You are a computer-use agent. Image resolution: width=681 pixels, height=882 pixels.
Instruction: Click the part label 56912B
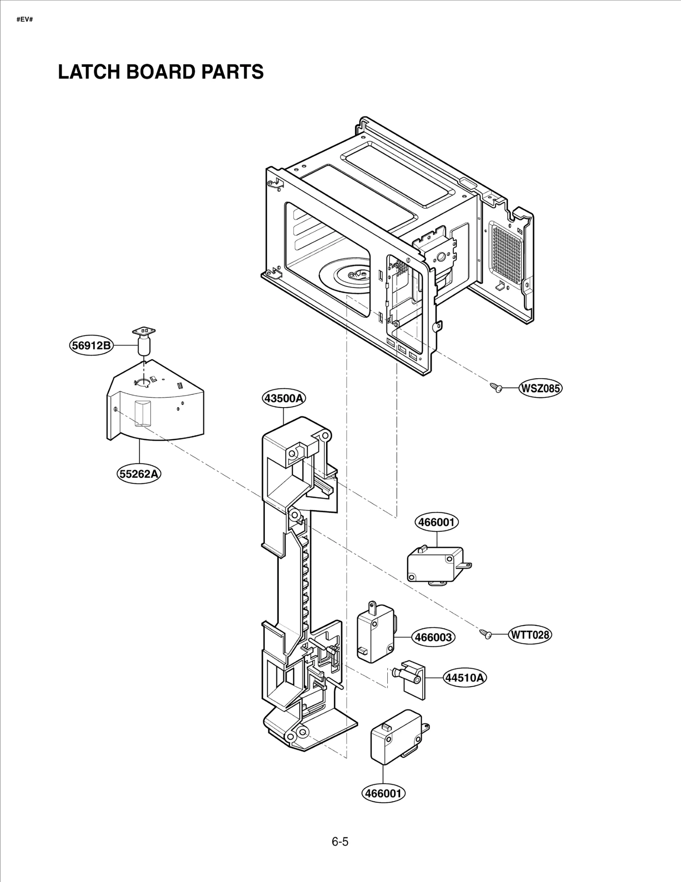[x=91, y=345]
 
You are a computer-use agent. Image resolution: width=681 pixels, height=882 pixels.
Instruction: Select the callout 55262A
[x=139, y=474]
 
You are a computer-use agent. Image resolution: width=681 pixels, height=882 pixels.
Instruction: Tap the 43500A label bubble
[x=283, y=398]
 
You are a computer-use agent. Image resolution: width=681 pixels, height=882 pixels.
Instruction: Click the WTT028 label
[x=530, y=635]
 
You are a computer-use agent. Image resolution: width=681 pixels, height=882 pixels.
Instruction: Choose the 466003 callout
[x=433, y=637]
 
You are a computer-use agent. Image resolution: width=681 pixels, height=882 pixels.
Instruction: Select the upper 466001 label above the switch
[x=437, y=522]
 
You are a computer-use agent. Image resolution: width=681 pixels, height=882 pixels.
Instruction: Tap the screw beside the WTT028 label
[x=486, y=634]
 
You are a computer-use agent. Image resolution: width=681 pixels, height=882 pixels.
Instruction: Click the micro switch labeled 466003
[x=374, y=634]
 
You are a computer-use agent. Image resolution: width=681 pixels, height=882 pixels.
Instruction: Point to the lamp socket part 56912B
[x=145, y=341]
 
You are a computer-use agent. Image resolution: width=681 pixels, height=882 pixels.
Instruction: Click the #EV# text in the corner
[x=25, y=20]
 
